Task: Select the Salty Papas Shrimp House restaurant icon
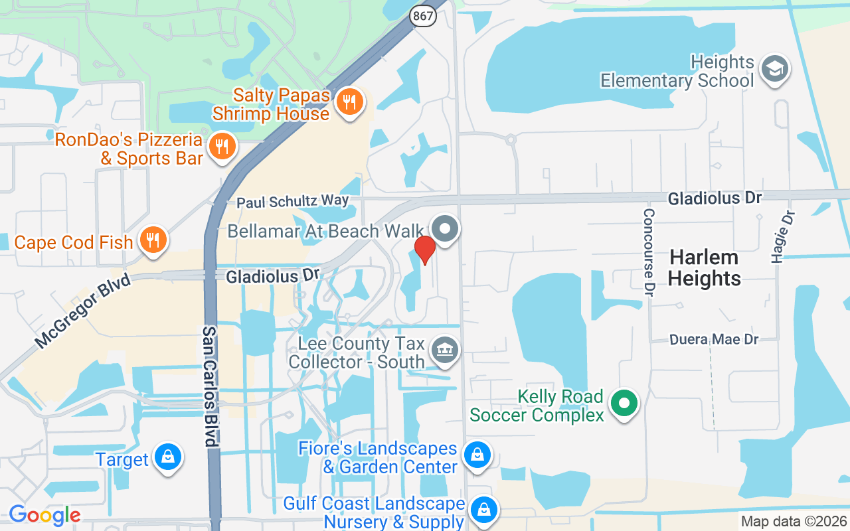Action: pos(349,102)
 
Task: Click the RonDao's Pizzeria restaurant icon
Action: pos(222,147)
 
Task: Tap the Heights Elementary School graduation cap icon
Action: pos(774,69)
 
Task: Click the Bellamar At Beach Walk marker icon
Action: pos(446,229)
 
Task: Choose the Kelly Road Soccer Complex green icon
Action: pos(624,404)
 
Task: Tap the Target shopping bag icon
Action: pos(167,458)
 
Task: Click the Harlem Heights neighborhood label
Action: pos(705,267)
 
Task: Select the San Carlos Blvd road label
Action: pos(210,386)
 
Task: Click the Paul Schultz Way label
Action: pos(292,202)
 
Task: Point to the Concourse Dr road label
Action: pos(649,252)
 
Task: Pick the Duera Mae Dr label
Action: pos(714,339)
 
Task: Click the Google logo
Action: pos(44,514)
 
